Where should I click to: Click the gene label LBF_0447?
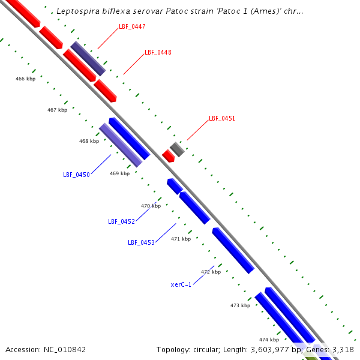point(132,27)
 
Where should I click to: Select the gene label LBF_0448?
point(158,53)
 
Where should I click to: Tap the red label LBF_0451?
point(221,119)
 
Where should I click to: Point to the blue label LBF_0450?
point(76,175)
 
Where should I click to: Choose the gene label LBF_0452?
point(121,222)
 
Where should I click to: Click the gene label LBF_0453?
point(141,243)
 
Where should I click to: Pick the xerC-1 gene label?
point(181,284)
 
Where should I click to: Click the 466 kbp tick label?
point(25,79)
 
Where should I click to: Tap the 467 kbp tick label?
point(57,110)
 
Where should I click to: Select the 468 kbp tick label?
point(89,142)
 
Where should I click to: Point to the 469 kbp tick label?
point(119,174)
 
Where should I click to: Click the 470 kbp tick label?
point(151,206)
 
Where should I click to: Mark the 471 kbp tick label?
point(181,239)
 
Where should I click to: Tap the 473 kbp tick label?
point(240,306)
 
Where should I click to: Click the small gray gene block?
point(177,149)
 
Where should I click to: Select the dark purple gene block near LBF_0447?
point(88,59)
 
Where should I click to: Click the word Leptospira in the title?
point(77,11)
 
